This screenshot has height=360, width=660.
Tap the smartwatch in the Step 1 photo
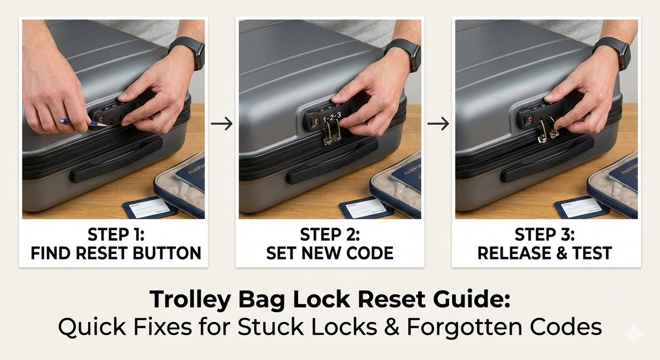click(x=188, y=52)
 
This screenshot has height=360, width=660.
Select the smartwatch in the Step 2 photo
click(x=404, y=53)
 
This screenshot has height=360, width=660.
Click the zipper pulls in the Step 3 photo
click(x=547, y=131)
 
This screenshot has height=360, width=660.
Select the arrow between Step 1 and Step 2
click(x=221, y=124)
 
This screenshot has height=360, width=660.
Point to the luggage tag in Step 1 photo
click(x=149, y=208)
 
